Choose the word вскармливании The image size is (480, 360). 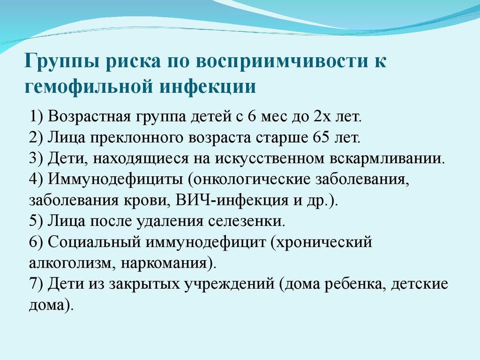[x=387, y=158]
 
